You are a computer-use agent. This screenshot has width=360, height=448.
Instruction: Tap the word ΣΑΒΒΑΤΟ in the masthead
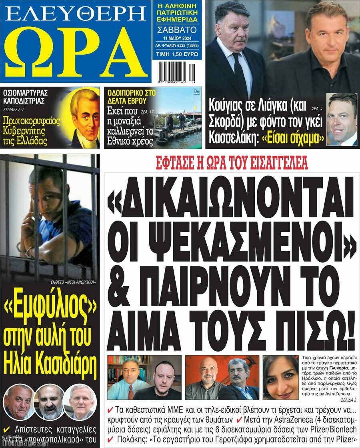tap(177, 30)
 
